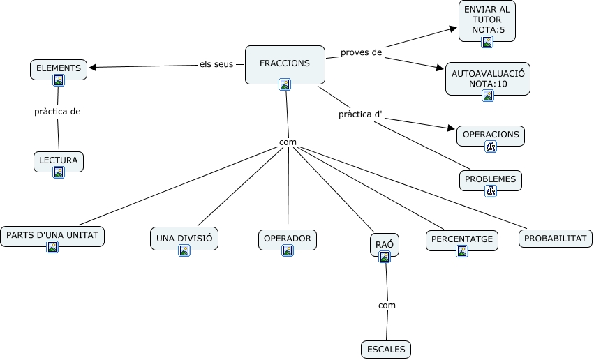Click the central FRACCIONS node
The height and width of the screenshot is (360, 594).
(x=285, y=65)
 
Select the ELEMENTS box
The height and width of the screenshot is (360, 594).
(x=59, y=70)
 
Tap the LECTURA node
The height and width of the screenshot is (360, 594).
(x=59, y=162)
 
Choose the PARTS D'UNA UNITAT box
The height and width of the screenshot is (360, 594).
(x=52, y=237)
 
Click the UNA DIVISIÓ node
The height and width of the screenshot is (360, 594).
(x=184, y=239)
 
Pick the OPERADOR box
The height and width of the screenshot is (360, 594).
(x=288, y=239)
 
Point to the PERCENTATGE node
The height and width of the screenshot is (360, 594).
(x=462, y=241)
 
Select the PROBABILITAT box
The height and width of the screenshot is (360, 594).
(x=556, y=239)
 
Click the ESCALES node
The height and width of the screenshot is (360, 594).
(x=386, y=350)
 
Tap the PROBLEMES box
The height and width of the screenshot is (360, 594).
(x=491, y=181)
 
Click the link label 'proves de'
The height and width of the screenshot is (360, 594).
(x=361, y=52)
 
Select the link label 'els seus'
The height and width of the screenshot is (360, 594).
(x=216, y=64)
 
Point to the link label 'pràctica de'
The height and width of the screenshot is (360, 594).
(x=57, y=112)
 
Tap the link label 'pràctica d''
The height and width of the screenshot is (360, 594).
(x=360, y=114)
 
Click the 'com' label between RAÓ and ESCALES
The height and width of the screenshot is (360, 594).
(x=387, y=306)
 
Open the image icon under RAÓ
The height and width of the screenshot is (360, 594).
(x=385, y=257)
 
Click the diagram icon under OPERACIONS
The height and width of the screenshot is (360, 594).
(x=491, y=146)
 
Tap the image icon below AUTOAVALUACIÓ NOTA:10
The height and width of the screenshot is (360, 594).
(x=488, y=96)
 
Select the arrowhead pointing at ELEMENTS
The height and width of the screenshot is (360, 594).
(x=93, y=68)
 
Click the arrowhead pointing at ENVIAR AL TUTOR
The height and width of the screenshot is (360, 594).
(x=453, y=29)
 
